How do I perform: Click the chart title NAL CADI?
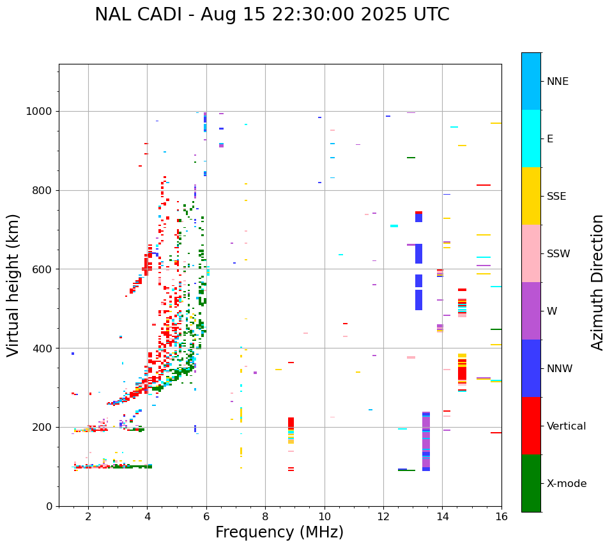tap(272, 15)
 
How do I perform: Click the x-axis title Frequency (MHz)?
tap(279, 532)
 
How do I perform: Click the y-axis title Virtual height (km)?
tap(13, 285)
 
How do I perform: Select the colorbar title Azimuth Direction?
tap(597, 282)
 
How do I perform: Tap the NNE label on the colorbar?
tap(557, 82)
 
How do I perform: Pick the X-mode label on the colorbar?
tap(566, 484)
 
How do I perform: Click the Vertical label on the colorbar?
tap(566, 426)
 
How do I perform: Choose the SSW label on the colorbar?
tap(558, 254)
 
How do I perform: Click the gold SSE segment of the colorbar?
tap(531, 196)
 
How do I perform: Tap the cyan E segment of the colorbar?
tap(531, 139)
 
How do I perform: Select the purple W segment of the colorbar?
tap(531, 311)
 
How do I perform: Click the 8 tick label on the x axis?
tap(265, 516)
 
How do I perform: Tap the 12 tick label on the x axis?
tap(383, 516)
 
